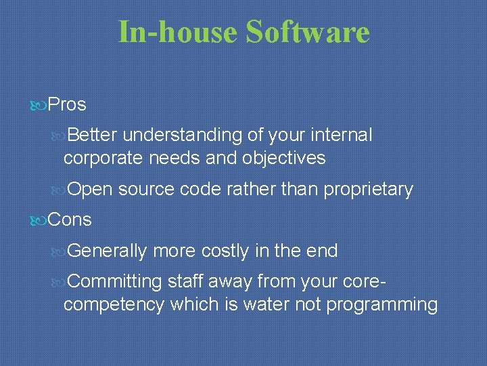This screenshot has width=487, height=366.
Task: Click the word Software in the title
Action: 308,33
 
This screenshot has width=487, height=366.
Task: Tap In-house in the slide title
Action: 178,33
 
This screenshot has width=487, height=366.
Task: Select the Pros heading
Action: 67,105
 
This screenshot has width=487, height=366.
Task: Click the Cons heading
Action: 70,220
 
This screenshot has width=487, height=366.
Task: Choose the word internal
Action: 342,136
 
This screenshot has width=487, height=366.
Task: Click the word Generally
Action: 108,251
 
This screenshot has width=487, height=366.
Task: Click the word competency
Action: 114,305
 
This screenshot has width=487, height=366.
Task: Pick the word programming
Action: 382,305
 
